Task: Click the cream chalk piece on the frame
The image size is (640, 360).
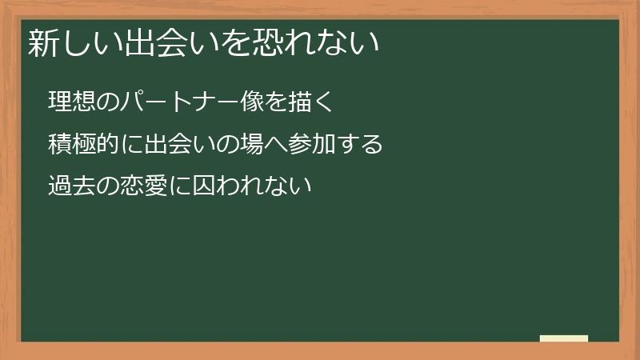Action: (564, 338)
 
